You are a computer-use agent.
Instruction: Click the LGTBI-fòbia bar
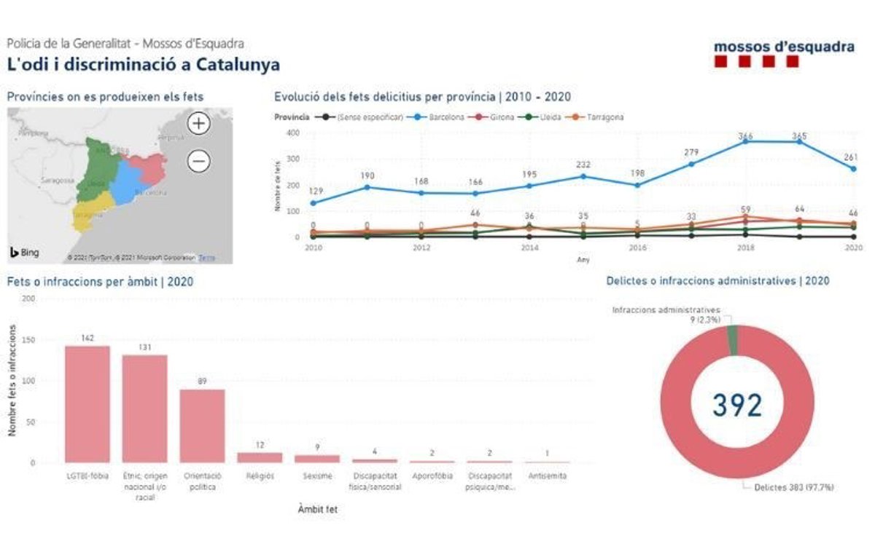[x=87, y=403]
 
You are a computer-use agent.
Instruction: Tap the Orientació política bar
[x=202, y=425]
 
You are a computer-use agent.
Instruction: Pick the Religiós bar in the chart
[x=260, y=457]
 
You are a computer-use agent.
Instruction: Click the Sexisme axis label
[x=317, y=476]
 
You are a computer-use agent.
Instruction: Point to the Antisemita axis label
[x=548, y=476]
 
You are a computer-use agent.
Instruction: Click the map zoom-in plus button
[x=198, y=123]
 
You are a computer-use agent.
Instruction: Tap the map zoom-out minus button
[x=198, y=160]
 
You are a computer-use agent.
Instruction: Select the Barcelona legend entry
[x=441, y=117]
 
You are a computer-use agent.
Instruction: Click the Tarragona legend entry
[x=601, y=117]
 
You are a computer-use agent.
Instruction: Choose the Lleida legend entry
[x=545, y=117]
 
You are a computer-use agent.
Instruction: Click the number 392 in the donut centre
[x=737, y=405]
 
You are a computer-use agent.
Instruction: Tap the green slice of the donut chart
[x=733, y=340]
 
